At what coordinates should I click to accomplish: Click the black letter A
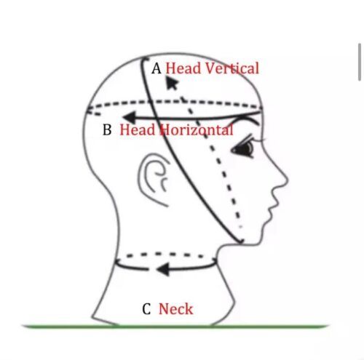[157, 68]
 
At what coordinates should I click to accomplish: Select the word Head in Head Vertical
[183, 68]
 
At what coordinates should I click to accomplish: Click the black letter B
[107, 129]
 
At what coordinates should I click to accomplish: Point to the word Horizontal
[197, 129]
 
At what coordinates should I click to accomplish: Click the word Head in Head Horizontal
[138, 129]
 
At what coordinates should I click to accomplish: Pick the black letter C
[146, 309]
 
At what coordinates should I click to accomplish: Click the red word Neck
[176, 309]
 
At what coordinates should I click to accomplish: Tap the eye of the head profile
[242, 148]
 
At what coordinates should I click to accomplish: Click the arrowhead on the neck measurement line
[163, 269]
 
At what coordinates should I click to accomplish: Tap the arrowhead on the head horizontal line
[130, 118]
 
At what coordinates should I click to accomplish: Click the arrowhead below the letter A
[172, 83]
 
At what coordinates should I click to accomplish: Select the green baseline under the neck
[175, 327]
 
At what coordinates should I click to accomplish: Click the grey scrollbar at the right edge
[360, 62]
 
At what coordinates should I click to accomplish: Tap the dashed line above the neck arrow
[165, 255]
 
